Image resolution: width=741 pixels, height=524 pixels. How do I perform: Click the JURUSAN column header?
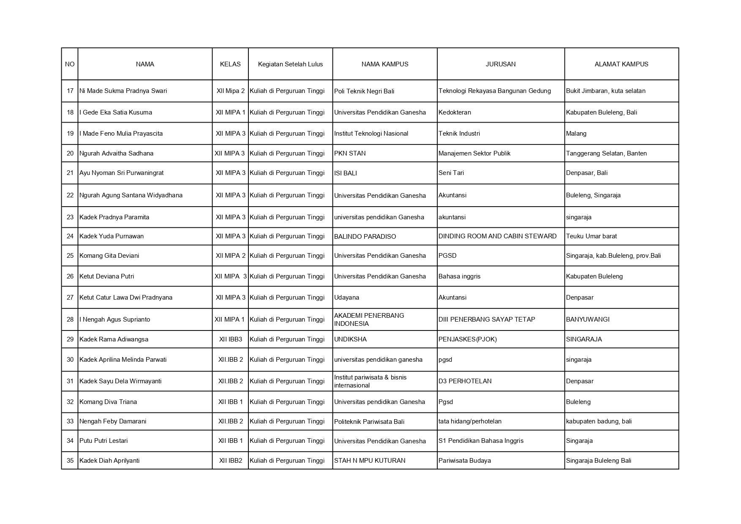point(500,64)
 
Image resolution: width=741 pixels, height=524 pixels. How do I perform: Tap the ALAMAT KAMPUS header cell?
point(621,64)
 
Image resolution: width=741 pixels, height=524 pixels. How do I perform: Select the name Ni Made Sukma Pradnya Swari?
point(123,91)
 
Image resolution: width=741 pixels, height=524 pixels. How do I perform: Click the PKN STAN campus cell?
point(350,153)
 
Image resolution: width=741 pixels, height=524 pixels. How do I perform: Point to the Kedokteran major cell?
point(455,112)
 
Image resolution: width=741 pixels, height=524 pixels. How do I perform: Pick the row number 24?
point(70,236)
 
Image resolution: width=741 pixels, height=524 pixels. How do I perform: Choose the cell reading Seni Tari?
point(451,173)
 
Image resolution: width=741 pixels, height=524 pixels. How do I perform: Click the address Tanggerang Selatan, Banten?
point(606,153)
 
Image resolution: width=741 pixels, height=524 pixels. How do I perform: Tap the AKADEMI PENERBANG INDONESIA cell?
point(369,319)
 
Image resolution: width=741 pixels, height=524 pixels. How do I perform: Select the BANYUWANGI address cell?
point(588,319)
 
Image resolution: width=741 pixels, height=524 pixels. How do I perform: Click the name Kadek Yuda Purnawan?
point(112,236)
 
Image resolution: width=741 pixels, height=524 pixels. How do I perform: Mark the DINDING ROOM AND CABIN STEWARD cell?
point(497,236)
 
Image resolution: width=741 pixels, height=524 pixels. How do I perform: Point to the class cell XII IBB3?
point(230,339)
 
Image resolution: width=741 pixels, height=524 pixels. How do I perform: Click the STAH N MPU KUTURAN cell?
point(370,461)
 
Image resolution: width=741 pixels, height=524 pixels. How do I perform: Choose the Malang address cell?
point(576,134)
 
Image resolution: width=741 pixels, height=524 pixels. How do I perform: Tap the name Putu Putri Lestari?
point(104,441)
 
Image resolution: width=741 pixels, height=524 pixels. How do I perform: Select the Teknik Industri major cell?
point(459,134)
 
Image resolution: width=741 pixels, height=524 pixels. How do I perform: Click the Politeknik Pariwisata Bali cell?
point(369,421)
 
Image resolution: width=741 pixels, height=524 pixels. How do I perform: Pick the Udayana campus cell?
point(346,297)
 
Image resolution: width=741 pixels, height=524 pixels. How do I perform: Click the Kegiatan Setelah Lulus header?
point(290,64)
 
